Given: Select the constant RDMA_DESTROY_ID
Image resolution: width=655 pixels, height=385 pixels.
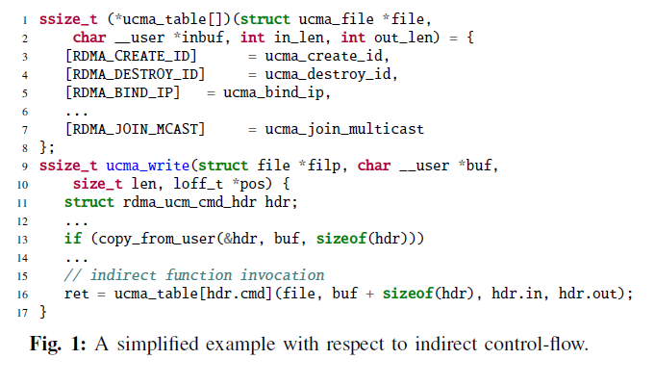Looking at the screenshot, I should pyautogui.click(x=132, y=74).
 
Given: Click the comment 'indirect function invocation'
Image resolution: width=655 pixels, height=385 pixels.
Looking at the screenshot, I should pyautogui.click(x=192, y=275).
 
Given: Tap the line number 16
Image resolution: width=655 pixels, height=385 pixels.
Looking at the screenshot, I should pyautogui.click(x=22, y=295).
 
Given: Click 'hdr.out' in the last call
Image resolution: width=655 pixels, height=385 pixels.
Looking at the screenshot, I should pyautogui.click(x=598, y=294).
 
